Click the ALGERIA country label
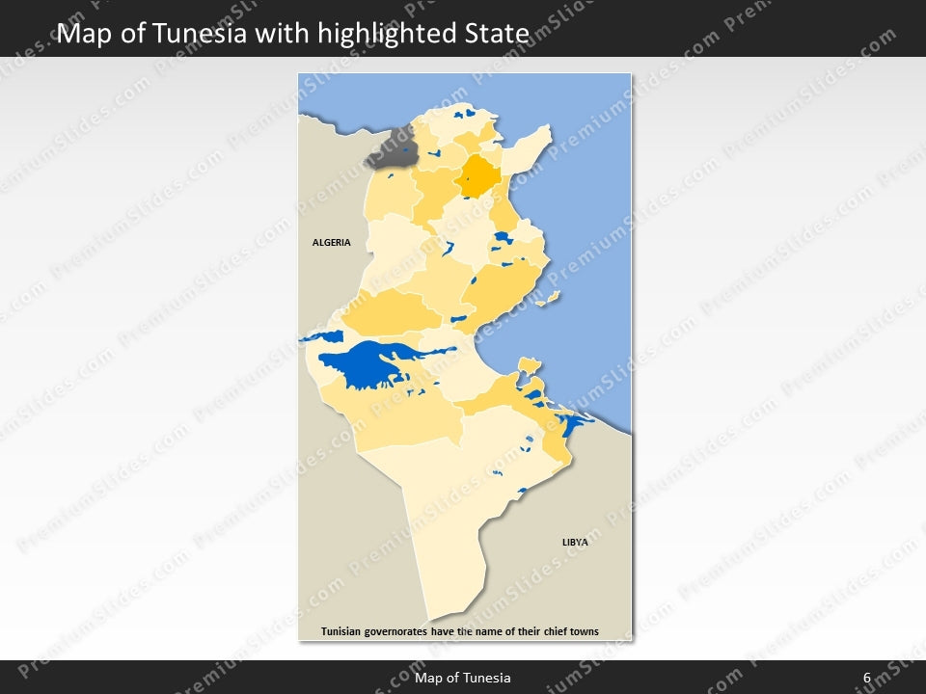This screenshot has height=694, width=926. [331, 243]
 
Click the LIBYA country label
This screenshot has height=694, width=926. [575, 543]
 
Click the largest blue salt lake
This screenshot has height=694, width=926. [367, 364]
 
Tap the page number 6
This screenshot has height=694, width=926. [867, 678]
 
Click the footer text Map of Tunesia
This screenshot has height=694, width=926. [462, 678]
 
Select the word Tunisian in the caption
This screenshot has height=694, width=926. [343, 632]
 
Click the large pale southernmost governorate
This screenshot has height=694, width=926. [453, 540]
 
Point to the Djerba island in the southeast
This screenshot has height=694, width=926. [528, 365]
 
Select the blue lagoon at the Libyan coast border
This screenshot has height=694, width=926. [575, 421]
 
